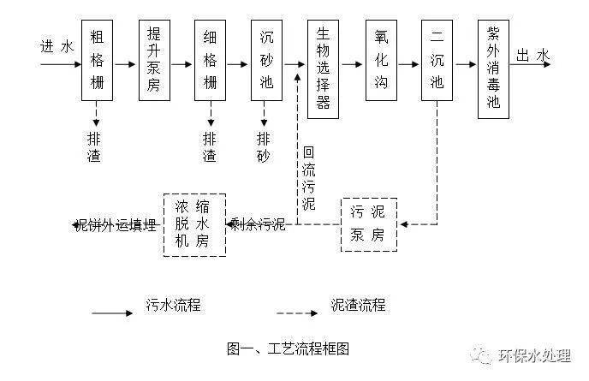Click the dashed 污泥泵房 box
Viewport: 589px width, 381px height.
point(369,224)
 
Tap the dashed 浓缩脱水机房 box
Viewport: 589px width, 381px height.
point(194,224)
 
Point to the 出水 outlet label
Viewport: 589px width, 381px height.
point(532,57)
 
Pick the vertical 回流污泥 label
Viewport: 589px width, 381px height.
point(309,177)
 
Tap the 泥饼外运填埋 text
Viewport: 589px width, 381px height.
point(116,225)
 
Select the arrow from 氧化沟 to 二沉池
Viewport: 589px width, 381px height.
point(409,64)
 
